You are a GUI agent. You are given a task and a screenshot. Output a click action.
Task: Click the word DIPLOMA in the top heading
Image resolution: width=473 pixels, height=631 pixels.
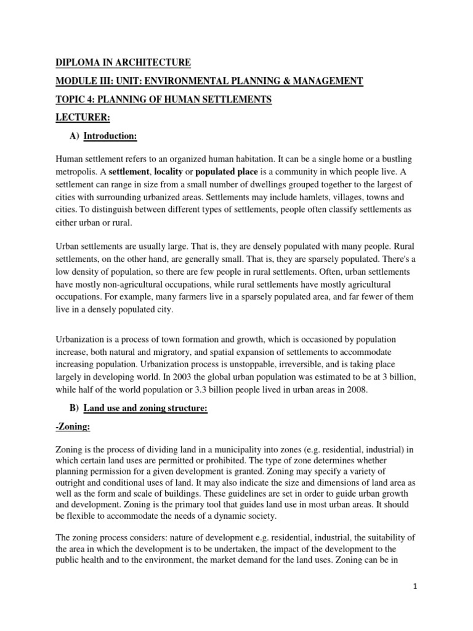pyautogui.click(x=76, y=62)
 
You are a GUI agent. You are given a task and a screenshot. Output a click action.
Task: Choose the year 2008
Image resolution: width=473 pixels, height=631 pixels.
pyautogui.click(x=353, y=389)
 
